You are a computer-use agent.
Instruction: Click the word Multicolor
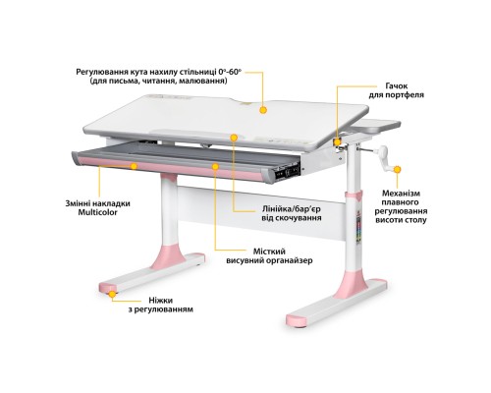point(97,212)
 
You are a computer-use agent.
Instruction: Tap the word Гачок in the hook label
point(397,86)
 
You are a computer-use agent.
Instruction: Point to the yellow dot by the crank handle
point(397,169)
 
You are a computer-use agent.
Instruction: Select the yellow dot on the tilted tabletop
point(263,110)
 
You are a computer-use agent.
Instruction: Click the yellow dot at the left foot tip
point(112,294)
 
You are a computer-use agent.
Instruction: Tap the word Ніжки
point(160,301)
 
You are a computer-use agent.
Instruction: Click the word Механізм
point(401,194)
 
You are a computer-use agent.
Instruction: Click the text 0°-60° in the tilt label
point(230,72)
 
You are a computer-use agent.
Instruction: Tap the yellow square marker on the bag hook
point(337,141)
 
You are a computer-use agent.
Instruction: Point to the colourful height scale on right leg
point(358,227)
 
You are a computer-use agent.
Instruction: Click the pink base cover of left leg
point(168,257)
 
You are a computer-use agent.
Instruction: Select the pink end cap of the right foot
point(298,320)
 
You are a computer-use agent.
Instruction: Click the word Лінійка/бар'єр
point(291,209)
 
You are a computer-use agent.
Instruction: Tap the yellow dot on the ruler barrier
point(234,138)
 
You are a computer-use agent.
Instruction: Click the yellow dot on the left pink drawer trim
point(134,166)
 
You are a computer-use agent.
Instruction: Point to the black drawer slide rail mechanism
point(288,171)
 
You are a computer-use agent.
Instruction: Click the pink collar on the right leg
point(355,196)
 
